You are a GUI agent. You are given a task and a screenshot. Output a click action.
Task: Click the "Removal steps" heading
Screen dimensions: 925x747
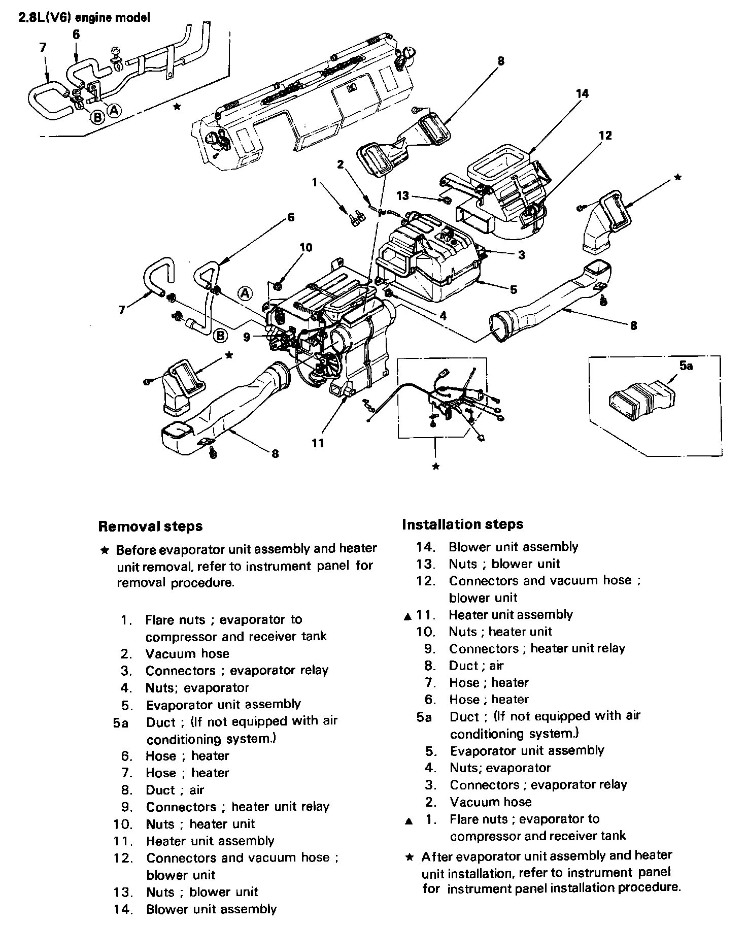[150, 526]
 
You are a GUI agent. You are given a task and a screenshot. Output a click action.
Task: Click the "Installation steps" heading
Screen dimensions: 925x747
[462, 524]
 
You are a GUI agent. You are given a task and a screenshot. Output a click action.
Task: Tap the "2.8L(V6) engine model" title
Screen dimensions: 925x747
[84, 18]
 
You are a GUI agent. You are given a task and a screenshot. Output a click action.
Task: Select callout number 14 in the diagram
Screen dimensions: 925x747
[582, 93]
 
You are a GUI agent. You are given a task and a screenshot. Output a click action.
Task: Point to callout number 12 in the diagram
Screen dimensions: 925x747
[605, 136]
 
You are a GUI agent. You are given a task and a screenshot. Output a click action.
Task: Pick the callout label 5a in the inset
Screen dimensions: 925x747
[686, 366]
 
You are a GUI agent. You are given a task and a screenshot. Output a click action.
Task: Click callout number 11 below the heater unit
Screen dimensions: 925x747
[318, 443]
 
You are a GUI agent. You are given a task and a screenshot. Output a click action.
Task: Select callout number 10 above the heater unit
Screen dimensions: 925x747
[306, 248]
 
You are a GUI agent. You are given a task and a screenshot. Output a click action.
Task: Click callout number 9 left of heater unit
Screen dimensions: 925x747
[247, 336]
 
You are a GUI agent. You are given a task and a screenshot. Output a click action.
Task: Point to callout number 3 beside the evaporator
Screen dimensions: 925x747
[522, 255]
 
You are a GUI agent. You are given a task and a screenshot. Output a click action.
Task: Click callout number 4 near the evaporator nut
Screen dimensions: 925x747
[443, 316]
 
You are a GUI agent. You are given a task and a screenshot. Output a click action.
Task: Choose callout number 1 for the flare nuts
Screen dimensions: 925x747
[315, 182]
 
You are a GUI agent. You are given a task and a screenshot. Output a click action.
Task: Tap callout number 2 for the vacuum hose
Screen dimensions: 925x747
[340, 164]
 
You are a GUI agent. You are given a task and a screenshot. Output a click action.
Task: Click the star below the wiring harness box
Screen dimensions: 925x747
[435, 467]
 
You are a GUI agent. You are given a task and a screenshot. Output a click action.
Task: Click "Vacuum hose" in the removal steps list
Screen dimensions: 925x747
[187, 653]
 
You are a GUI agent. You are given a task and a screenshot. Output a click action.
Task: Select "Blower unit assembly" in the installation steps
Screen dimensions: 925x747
[513, 547]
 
